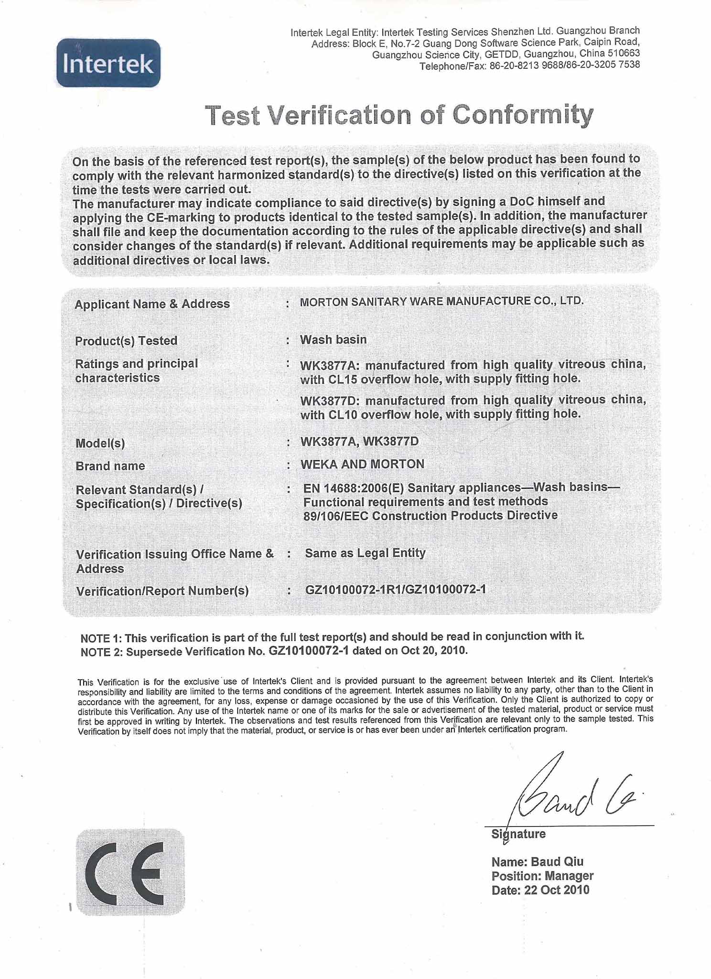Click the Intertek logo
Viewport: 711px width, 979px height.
(108, 63)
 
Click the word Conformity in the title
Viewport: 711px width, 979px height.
(522, 115)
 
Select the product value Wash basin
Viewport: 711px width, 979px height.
(333, 339)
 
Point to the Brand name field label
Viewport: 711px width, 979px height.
(110, 466)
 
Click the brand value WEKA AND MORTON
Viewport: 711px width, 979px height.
(362, 464)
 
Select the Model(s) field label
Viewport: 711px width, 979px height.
(100, 443)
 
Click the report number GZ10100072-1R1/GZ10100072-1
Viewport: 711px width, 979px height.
(395, 589)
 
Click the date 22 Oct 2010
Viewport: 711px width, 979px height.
(557, 890)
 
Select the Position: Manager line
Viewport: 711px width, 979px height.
(542, 876)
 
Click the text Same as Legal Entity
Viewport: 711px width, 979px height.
(365, 553)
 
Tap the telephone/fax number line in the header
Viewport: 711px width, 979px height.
(529, 65)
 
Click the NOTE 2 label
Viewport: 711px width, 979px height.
(102, 652)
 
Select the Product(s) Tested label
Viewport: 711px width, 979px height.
(126, 341)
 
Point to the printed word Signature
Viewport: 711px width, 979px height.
(518, 834)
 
